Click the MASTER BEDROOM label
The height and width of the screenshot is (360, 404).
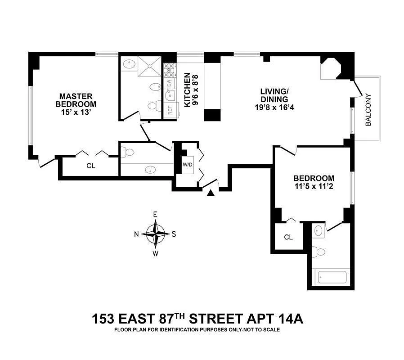(x=76, y=100)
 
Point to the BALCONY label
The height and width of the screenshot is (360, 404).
(x=368, y=109)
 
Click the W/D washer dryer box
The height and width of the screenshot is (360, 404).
(x=187, y=164)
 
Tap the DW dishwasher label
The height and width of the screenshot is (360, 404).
(x=169, y=83)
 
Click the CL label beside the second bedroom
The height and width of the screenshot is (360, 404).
(x=288, y=237)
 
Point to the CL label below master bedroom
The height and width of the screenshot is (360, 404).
(x=91, y=166)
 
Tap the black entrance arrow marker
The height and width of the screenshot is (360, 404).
(x=210, y=193)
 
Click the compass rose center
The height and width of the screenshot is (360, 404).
(x=156, y=234)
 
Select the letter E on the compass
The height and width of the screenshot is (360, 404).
(x=155, y=215)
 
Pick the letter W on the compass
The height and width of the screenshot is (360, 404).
(x=156, y=253)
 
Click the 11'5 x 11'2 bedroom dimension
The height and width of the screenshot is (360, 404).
(x=314, y=186)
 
